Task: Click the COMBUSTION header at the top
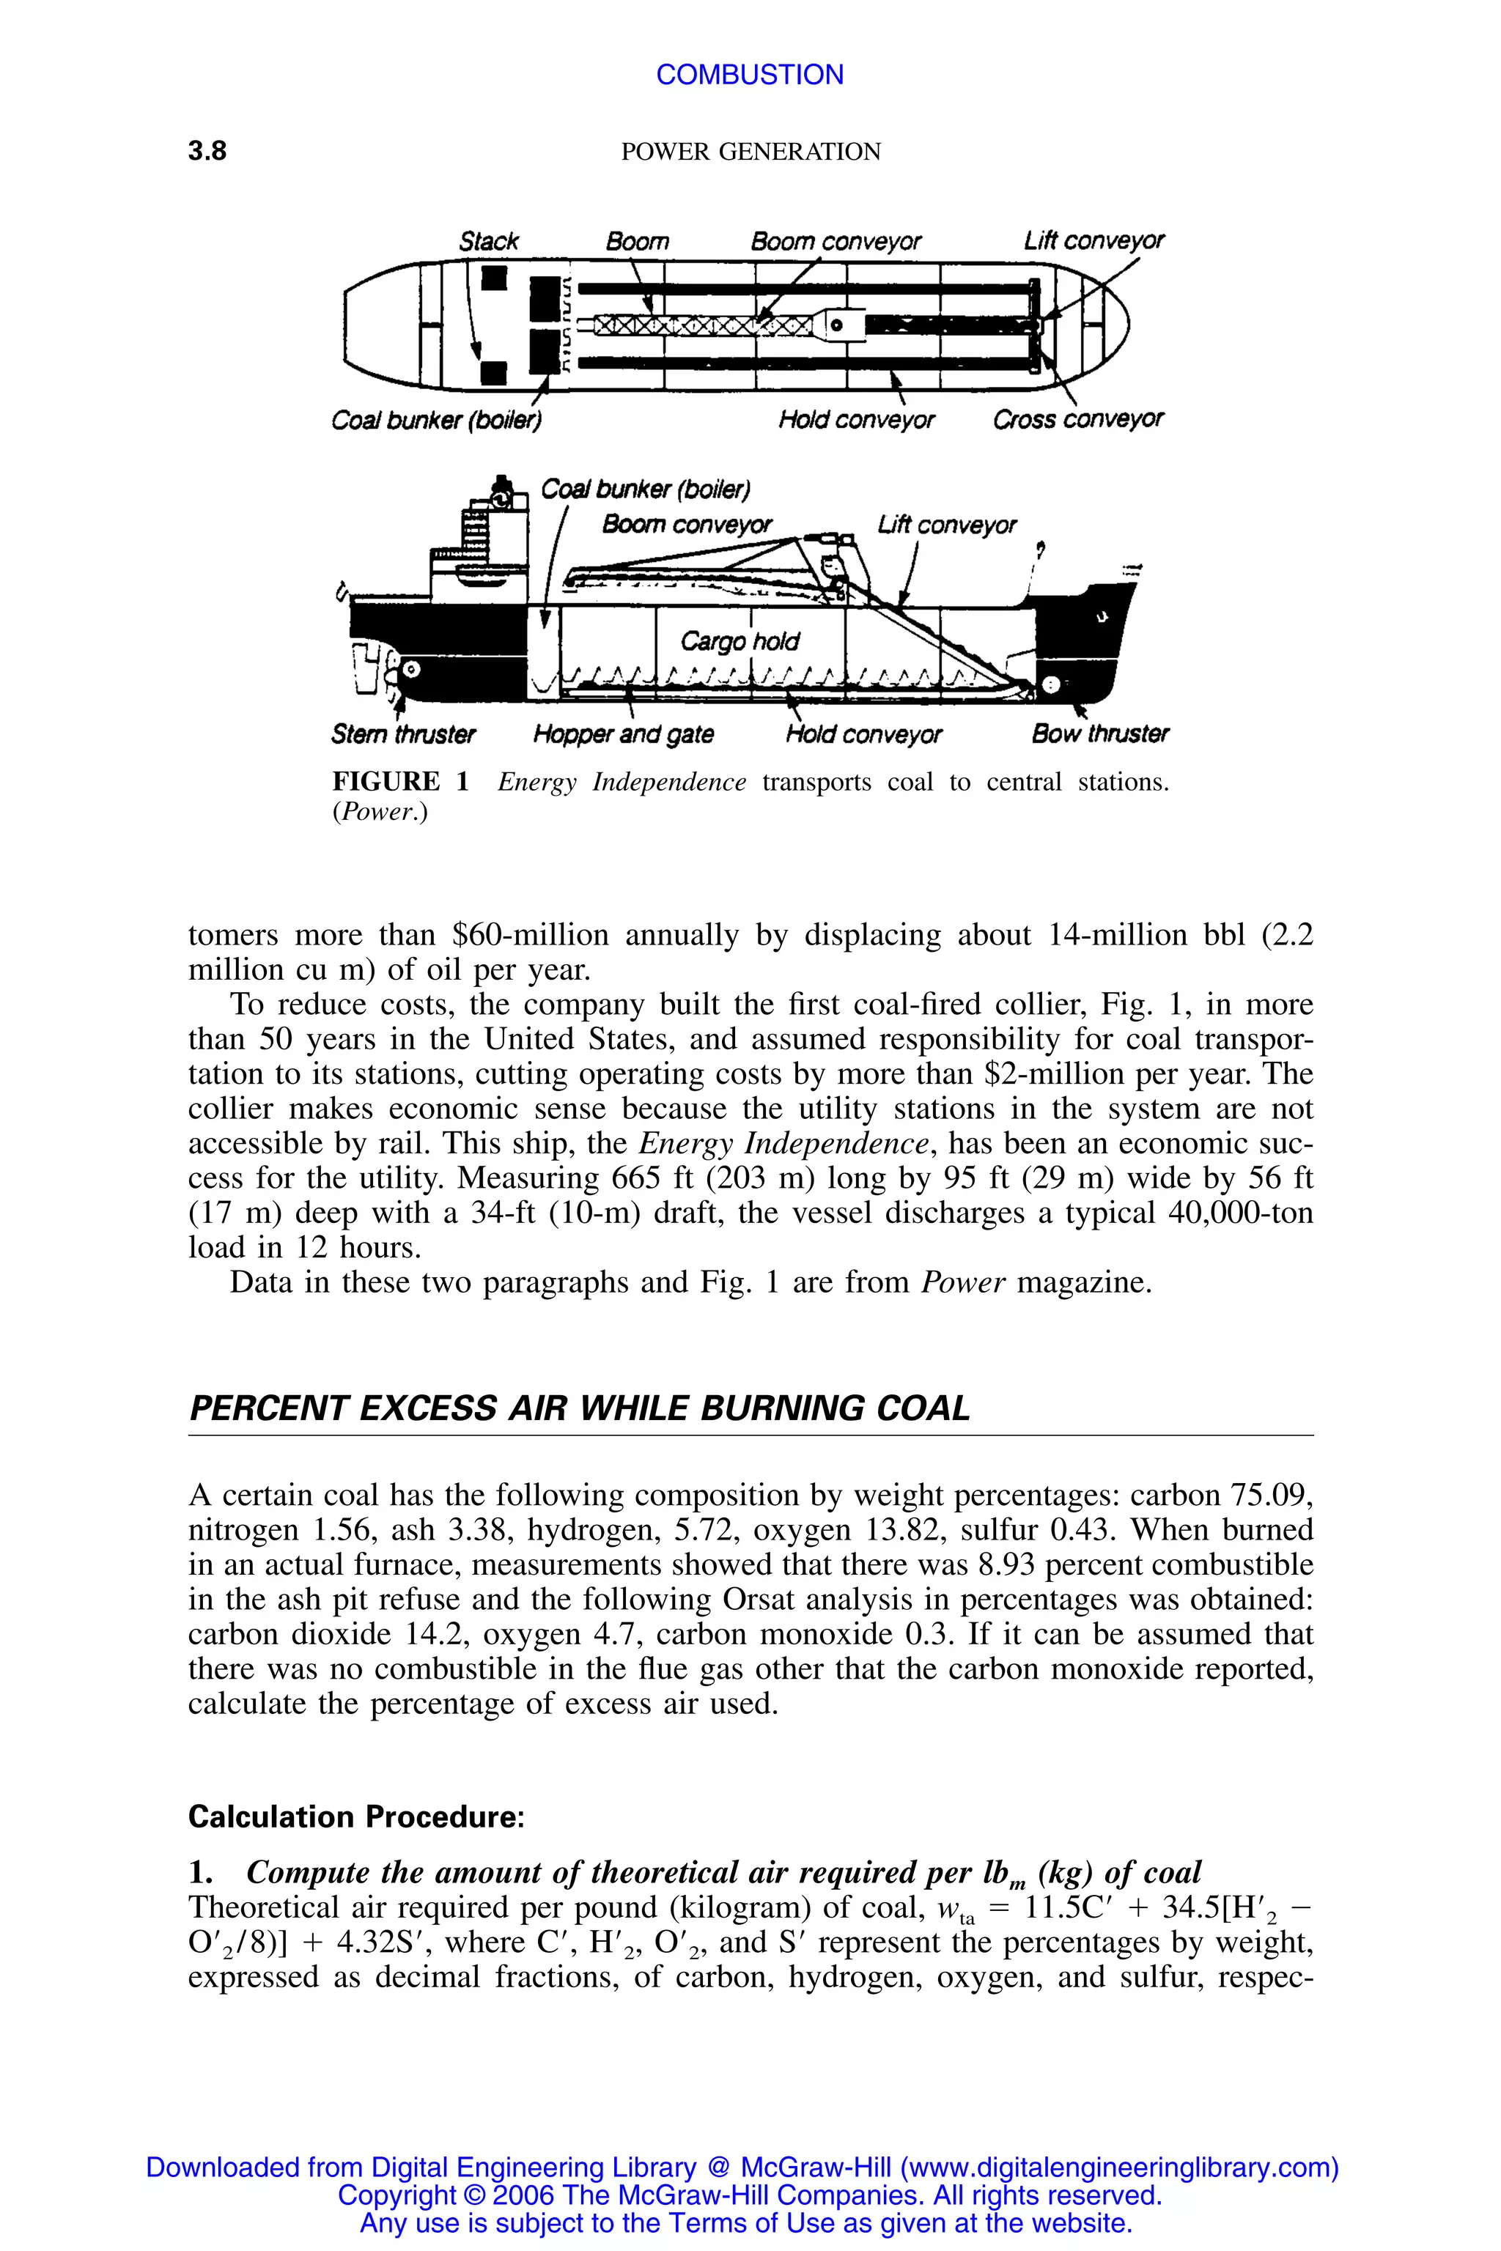pyautogui.click(x=750, y=75)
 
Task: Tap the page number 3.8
pyautogui.click(x=207, y=151)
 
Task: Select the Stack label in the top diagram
pyautogui.click(x=488, y=241)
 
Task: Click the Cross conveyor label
pyautogui.click(x=1078, y=420)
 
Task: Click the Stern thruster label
pyautogui.click(x=403, y=734)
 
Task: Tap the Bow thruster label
pyautogui.click(x=1100, y=734)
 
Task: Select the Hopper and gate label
pyautogui.click(x=623, y=734)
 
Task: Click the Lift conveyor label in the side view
pyautogui.click(x=945, y=525)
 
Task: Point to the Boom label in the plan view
pyautogui.click(x=637, y=241)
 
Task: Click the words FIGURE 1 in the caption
pyautogui.click(x=400, y=782)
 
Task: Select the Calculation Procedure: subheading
pyautogui.click(x=356, y=1816)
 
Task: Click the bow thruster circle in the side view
pyautogui.click(x=1051, y=684)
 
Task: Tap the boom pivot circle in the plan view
pyautogui.click(x=836, y=325)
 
